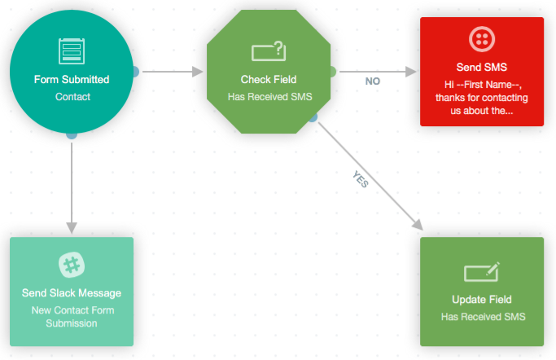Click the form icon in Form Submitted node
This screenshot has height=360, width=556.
72,50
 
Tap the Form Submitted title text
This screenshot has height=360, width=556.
72,80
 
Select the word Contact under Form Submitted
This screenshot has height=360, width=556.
72,96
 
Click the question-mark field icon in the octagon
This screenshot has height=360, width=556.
269,51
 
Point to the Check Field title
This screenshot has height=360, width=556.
269,80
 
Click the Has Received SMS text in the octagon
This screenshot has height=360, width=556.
269,96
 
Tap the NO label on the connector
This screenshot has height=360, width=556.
372,81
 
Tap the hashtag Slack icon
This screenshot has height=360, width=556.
72,264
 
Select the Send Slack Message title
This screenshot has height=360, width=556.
72,292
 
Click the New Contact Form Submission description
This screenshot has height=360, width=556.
72,316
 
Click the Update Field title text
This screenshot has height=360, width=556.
481,299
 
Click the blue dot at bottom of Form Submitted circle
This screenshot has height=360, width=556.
72,134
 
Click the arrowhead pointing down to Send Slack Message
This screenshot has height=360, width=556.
72,227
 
